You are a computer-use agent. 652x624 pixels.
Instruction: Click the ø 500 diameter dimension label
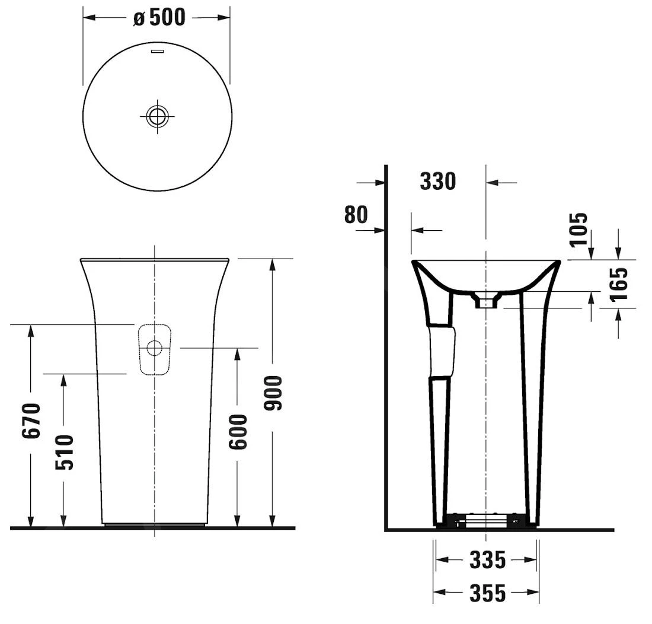coord(159,17)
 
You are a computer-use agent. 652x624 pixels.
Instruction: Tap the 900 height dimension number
coord(273,393)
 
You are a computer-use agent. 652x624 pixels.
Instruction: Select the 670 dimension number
coord(31,420)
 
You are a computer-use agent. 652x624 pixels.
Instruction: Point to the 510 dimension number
coord(65,452)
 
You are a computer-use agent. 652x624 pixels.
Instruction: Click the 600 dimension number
coord(238,432)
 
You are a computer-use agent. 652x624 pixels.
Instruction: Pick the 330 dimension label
coord(438,182)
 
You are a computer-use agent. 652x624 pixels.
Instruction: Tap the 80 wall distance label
coord(356,215)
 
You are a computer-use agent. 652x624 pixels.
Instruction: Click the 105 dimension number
coord(579,229)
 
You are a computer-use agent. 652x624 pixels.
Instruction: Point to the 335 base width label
coord(487,560)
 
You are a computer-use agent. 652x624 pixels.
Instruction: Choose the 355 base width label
coord(487,593)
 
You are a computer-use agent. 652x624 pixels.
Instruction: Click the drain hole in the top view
coord(158,116)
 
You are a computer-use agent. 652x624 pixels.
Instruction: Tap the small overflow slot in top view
coord(158,51)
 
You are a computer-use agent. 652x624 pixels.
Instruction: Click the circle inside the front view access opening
coord(154,348)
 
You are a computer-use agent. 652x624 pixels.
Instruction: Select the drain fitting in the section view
coord(485,300)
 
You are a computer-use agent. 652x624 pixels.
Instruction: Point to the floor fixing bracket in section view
coord(485,520)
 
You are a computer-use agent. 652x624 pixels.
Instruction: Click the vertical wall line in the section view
coord(386,348)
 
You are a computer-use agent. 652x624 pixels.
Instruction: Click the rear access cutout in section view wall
coord(442,351)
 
